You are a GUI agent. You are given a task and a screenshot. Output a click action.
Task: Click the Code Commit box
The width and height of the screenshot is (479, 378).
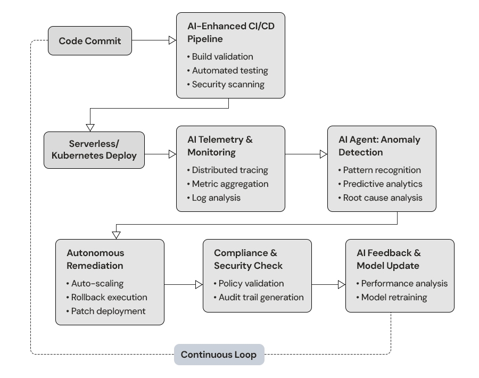[x=90, y=41]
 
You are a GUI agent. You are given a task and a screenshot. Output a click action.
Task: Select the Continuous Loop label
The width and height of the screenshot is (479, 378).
[x=219, y=355]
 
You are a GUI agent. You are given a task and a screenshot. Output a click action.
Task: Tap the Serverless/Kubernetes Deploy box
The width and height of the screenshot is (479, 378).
[x=94, y=150]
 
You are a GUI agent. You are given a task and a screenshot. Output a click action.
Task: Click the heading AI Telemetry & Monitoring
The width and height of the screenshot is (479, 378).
[x=220, y=146]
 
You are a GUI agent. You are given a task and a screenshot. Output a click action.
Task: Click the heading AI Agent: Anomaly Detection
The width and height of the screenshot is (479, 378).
[x=379, y=146]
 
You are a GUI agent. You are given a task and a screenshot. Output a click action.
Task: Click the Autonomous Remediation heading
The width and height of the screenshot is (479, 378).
[x=95, y=259]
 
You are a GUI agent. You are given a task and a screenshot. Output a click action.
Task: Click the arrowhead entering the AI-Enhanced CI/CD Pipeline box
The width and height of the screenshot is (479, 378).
[x=172, y=40]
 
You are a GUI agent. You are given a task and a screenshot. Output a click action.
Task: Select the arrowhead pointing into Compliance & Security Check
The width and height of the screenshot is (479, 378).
[x=199, y=285]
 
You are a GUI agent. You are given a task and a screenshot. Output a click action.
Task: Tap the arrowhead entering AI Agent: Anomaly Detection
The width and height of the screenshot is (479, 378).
[x=323, y=154]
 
